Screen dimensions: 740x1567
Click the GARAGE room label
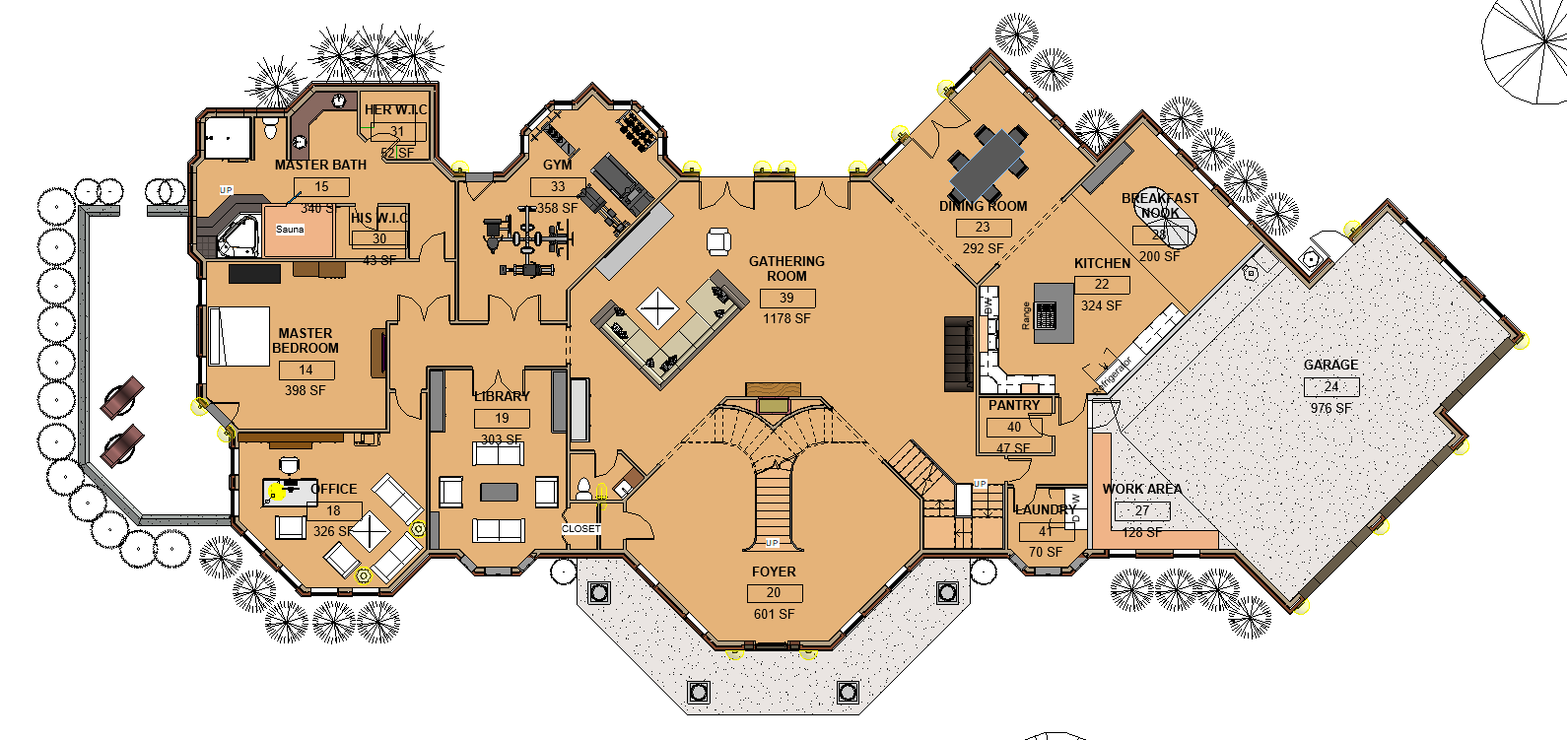click(1330, 365)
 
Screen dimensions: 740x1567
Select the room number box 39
click(786, 298)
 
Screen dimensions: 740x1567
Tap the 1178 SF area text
click(786, 318)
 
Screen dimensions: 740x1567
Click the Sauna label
click(290, 229)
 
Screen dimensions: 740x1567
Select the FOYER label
click(774, 572)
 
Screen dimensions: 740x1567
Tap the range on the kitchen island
click(1046, 315)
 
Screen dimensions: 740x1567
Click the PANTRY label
click(1014, 405)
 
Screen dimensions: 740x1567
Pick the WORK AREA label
click(1141, 489)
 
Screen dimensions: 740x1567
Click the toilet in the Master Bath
click(270, 128)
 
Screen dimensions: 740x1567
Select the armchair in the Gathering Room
click(718, 240)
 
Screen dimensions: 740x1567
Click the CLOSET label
click(581, 529)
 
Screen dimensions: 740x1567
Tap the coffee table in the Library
click(499, 491)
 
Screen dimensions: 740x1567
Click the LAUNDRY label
click(1046, 509)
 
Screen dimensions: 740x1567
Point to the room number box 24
click(1330, 386)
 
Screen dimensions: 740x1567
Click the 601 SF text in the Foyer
click(774, 614)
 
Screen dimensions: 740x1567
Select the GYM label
click(557, 165)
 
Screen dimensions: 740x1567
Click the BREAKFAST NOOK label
click(1160, 205)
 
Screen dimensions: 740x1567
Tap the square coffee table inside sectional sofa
click(657, 308)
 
